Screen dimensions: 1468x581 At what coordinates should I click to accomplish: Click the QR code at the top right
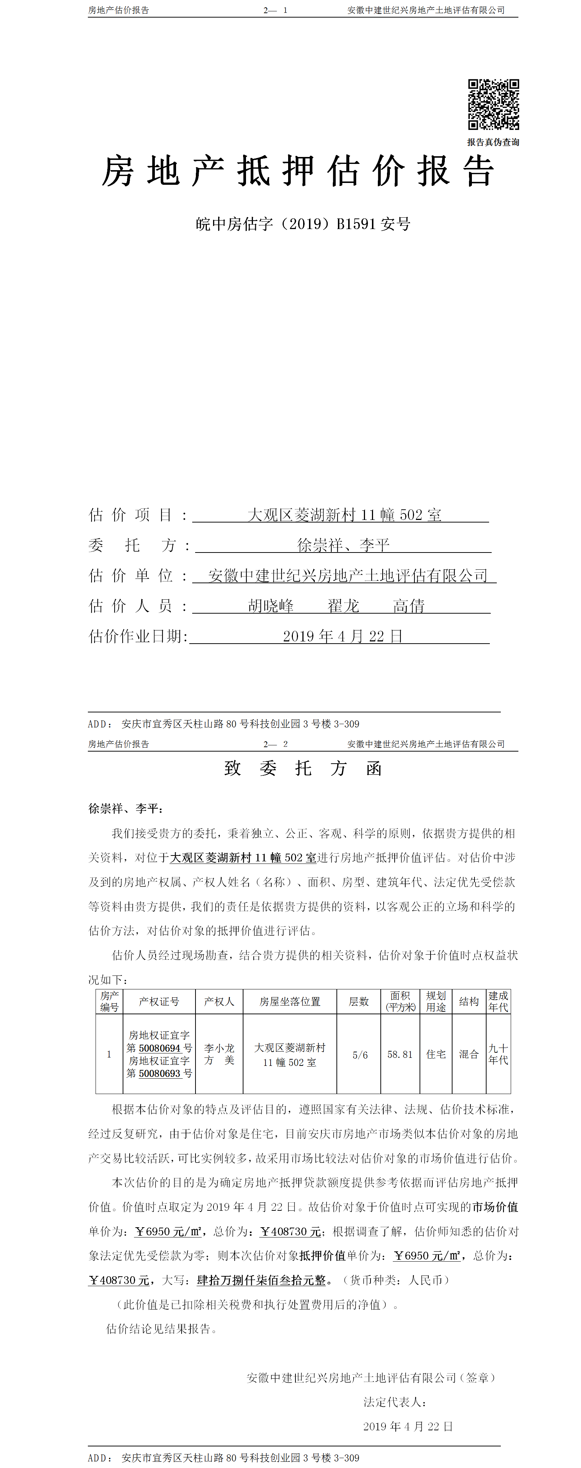coord(493,104)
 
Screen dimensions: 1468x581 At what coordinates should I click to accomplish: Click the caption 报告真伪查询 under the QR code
coord(493,142)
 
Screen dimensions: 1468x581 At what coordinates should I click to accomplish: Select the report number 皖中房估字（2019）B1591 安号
coord(303,224)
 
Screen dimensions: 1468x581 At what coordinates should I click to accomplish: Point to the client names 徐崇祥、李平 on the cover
coord(343,545)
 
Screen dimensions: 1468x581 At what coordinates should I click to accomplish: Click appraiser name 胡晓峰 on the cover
coord(271,606)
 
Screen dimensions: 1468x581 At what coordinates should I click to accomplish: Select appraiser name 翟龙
coord(343,606)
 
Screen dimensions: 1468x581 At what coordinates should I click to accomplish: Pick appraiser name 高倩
coord(409,606)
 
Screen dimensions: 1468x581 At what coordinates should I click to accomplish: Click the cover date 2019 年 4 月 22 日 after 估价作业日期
coord(343,636)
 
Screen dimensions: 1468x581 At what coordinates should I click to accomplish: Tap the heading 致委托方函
coord(303,768)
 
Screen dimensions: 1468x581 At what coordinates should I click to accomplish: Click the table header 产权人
coord(219,1001)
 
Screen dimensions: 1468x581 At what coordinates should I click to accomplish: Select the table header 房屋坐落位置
coord(290,1001)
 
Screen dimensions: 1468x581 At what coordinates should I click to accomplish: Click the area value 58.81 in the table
coord(400,1054)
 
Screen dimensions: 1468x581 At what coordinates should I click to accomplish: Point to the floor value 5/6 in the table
coord(360,1055)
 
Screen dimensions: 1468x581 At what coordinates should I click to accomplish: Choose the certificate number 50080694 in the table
coord(160,1048)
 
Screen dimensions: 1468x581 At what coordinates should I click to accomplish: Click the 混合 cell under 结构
coord(469,1054)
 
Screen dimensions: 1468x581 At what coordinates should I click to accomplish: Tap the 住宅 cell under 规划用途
coord(436,1054)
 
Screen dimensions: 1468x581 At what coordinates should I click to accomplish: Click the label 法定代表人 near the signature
coord(395,1402)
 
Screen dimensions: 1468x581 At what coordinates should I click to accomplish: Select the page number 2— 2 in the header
coord(275,744)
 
